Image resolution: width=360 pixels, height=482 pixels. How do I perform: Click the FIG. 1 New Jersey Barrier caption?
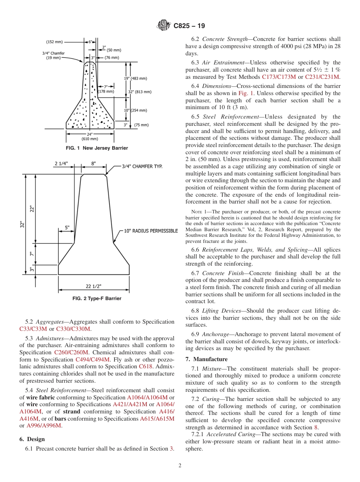click(97, 148)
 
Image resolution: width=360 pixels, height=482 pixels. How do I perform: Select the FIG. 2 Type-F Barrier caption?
click(97, 299)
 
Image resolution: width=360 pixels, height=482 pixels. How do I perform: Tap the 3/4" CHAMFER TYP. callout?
click(142, 166)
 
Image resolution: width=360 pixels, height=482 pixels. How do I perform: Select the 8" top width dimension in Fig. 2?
click(93, 163)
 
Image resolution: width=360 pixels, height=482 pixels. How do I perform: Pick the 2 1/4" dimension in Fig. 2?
click(61, 163)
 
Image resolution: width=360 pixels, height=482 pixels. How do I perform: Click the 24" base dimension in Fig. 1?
click(89, 134)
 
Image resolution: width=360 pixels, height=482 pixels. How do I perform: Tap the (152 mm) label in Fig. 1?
click(55, 42)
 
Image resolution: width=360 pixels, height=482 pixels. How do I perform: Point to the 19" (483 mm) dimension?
click(136, 78)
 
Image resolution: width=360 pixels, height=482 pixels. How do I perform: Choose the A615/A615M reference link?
click(157, 419)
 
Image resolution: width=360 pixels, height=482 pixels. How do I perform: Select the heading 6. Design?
click(32, 439)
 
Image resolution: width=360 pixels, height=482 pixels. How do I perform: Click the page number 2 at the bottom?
click(180, 466)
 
